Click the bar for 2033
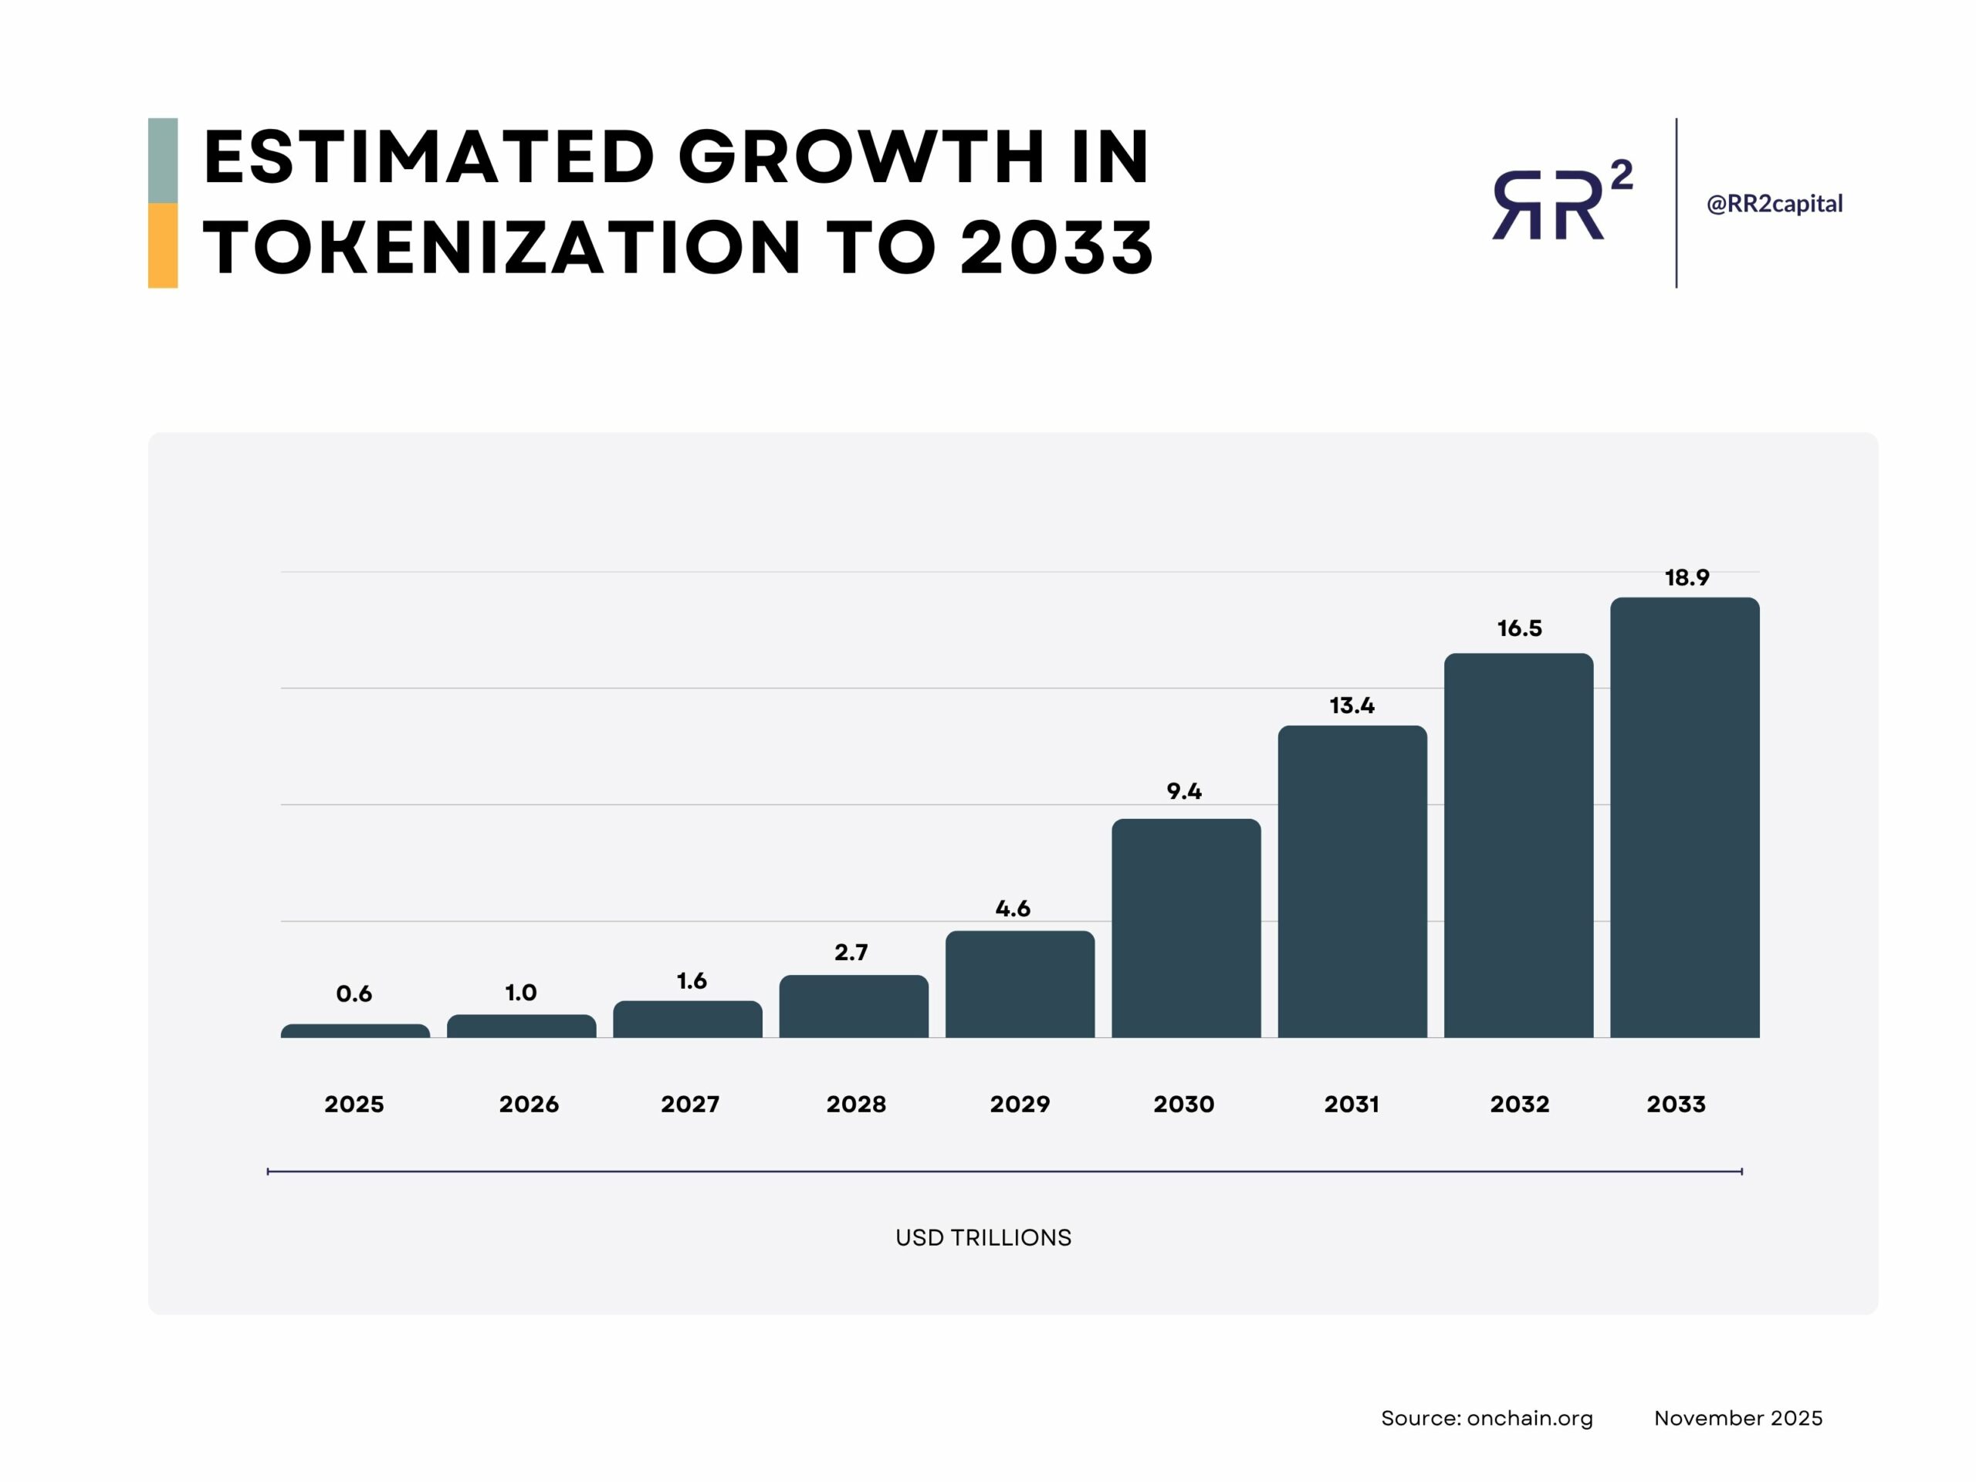1684,817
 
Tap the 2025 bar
354,1031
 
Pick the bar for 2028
853,1006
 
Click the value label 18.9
1687,578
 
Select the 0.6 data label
354,993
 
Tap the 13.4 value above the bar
1352,705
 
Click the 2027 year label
689,1104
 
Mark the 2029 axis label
1020,1104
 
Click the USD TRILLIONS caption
983,1237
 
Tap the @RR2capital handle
1774,204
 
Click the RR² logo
1562,201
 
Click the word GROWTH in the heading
861,157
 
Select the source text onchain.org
1529,1418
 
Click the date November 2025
1737,1418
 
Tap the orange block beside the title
163,245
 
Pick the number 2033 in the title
1056,248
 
